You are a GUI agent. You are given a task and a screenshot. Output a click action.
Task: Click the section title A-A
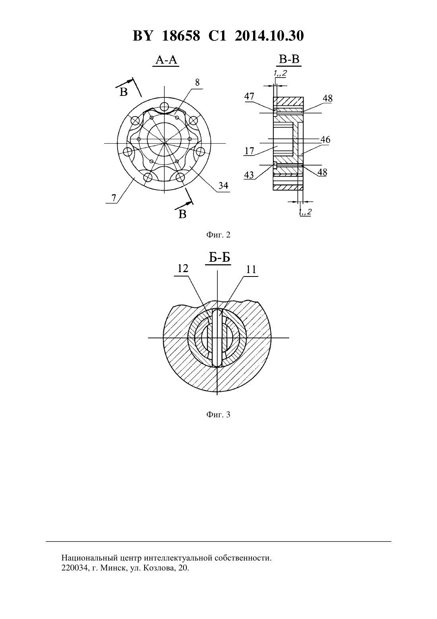tap(166, 59)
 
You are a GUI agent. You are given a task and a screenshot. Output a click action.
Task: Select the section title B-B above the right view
tap(289, 59)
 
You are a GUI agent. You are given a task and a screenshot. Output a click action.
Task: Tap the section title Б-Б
tap(219, 257)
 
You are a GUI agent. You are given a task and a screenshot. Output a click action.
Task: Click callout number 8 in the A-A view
tap(197, 82)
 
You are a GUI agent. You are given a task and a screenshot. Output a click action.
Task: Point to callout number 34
tap(223, 185)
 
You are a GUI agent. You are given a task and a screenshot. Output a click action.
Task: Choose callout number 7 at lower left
tap(114, 197)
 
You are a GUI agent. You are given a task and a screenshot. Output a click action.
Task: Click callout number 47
tap(249, 96)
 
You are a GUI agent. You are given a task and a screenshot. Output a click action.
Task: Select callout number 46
tap(325, 140)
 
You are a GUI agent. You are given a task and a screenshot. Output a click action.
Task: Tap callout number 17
tap(249, 151)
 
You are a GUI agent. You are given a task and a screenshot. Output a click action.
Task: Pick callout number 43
tap(249, 175)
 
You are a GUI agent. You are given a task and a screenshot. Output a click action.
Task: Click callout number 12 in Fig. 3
tap(183, 268)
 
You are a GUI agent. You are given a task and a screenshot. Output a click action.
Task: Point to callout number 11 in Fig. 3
tap(251, 269)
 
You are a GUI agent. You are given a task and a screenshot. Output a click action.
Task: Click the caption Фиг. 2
tap(218, 235)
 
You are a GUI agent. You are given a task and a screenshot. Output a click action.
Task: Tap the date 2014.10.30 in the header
tap(269, 36)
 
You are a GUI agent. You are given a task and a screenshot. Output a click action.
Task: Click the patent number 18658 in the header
tap(181, 36)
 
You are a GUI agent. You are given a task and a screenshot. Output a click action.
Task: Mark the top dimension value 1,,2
tap(280, 73)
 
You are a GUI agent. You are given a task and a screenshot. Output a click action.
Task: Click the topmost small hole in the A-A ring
tap(164, 106)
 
